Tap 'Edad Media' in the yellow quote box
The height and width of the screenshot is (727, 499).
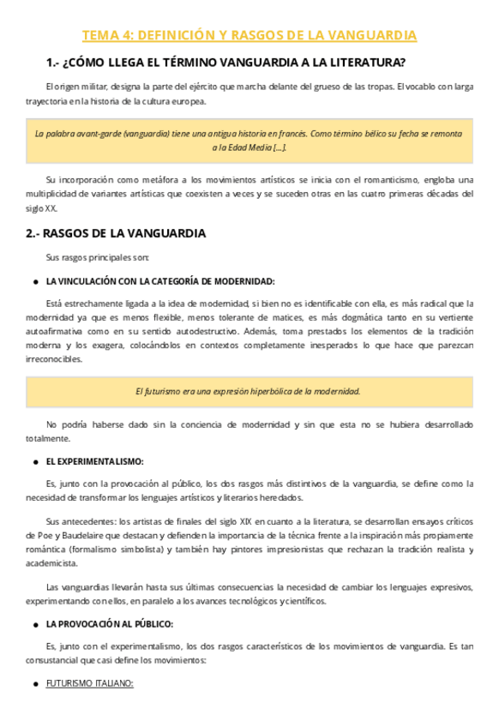249,147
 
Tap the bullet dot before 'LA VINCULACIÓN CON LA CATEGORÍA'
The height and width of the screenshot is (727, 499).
33,281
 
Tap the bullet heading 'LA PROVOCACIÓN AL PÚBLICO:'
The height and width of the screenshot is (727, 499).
110,623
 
